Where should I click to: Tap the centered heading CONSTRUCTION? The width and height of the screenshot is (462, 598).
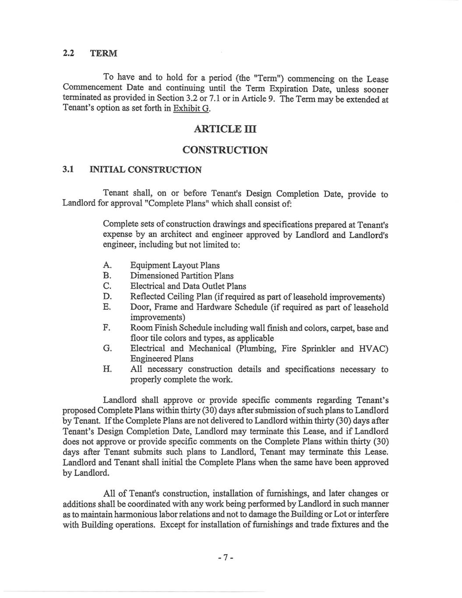tap(225, 150)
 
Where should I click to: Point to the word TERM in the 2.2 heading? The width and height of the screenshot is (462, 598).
tap(103, 53)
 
